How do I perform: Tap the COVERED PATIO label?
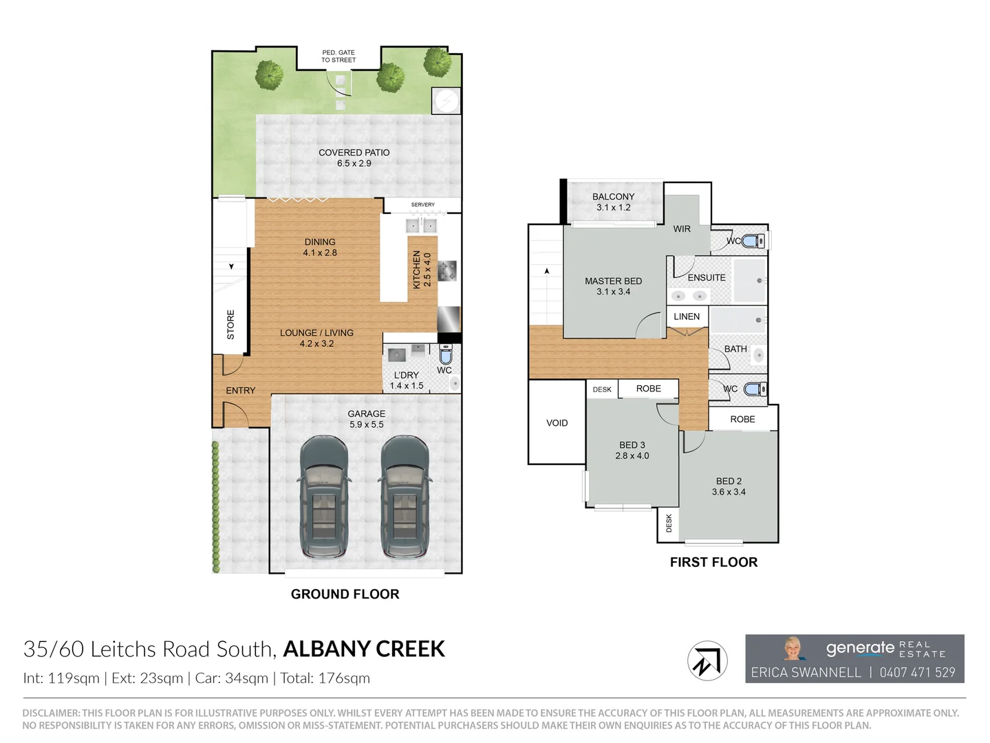pos(354,153)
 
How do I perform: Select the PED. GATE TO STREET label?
pos(338,56)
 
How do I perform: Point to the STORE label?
pos(230,324)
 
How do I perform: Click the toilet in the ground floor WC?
pos(445,354)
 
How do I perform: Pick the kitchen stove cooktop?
pos(446,270)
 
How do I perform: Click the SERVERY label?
pos(422,204)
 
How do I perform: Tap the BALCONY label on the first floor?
pos(613,197)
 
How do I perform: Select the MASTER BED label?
pos(613,281)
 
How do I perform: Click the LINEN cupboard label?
pos(687,316)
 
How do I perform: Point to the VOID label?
pos(557,423)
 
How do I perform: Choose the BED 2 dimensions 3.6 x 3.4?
pos(729,492)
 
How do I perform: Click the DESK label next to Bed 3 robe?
pos(602,389)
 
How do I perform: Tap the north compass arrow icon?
pos(707,661)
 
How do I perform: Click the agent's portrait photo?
pos(793,649)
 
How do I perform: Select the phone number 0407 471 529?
pos(917,673)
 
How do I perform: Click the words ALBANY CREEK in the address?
pos(364,649)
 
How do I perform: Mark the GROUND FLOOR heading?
pos(345,594)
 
